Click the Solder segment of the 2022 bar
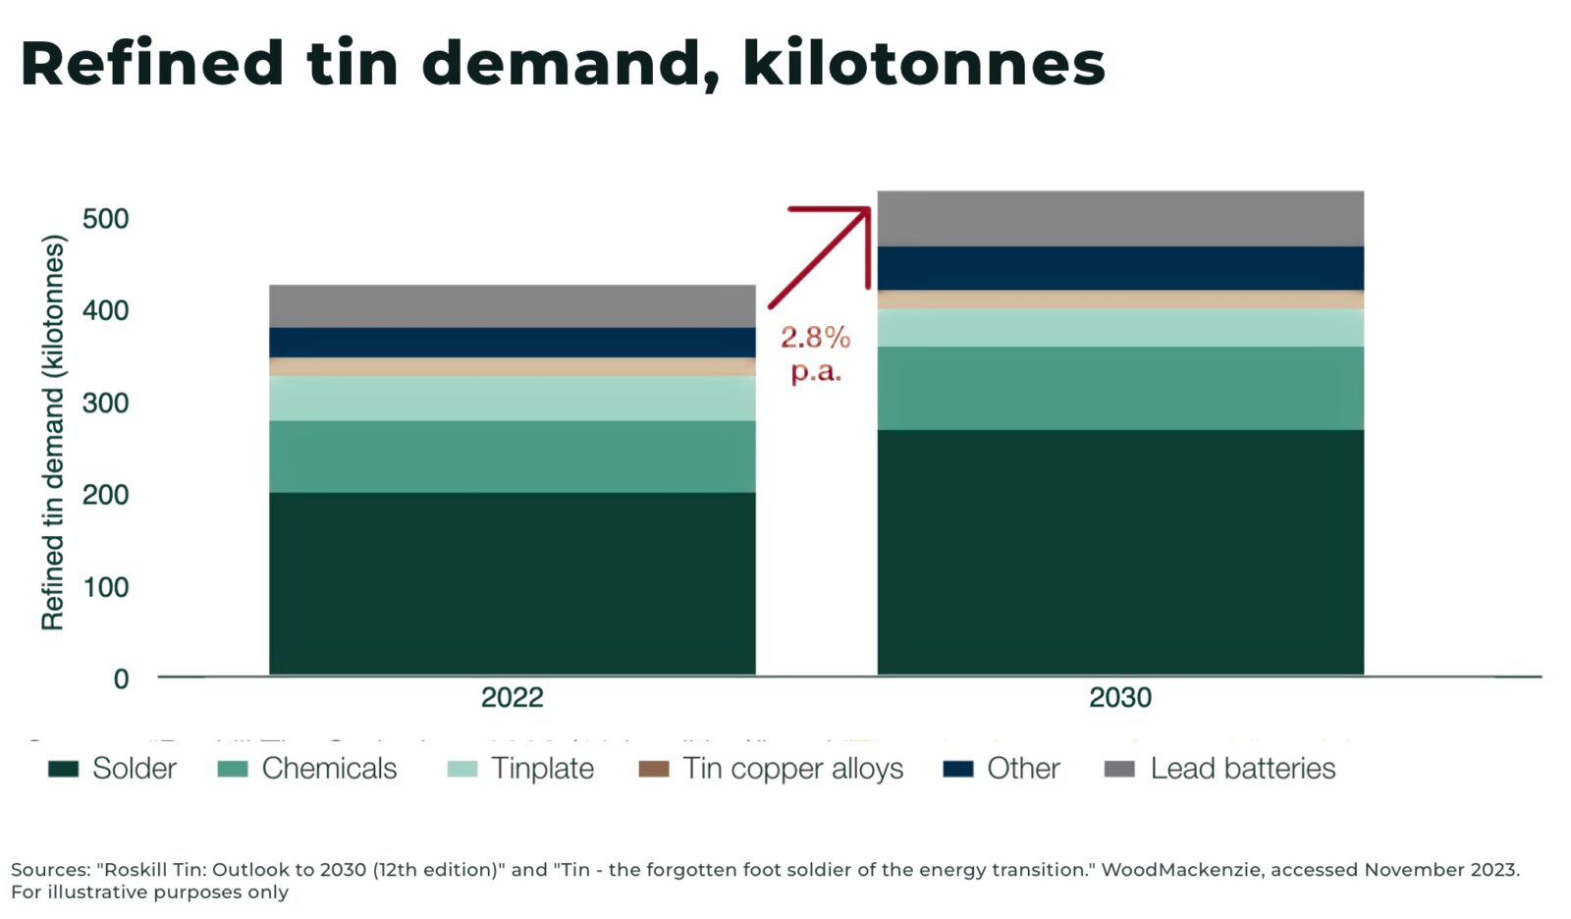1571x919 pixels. pyautogui.click(x=512, y=582)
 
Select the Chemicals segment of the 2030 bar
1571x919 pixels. pyautogui.click(x=1119, y=388)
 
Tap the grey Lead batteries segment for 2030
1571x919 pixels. pyautogui.click(x=1119, y=218)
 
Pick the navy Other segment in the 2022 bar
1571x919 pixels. pyautogui.click(x=512, y=342)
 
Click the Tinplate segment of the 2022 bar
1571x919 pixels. pyautogui.click(x=512, y=398)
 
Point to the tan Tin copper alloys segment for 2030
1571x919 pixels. pyautogui.click(x=1119, y=299)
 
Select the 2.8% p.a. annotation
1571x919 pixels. pyautogui.click(x=815, y=353)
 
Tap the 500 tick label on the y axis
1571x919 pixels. pyautogui.click(x=105, y=218)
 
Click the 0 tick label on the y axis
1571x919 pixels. pyautogui.click(x=121, y=678)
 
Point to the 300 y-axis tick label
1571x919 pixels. pyautogui.click(x=105, y=403)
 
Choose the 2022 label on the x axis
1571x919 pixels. pyautogui.click(x=512, y=697)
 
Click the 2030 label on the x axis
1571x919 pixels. pyautogui.click(x=1119, y=697)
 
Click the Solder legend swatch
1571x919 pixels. pyautogui.click(x=64, y=769)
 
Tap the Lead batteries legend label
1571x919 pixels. pyautogui.click(x=1242, y=769)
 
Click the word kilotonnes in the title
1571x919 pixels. pyautogui.click(x=923, y=64)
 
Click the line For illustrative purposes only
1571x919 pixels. pyautogui.click(x=150, y=892)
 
